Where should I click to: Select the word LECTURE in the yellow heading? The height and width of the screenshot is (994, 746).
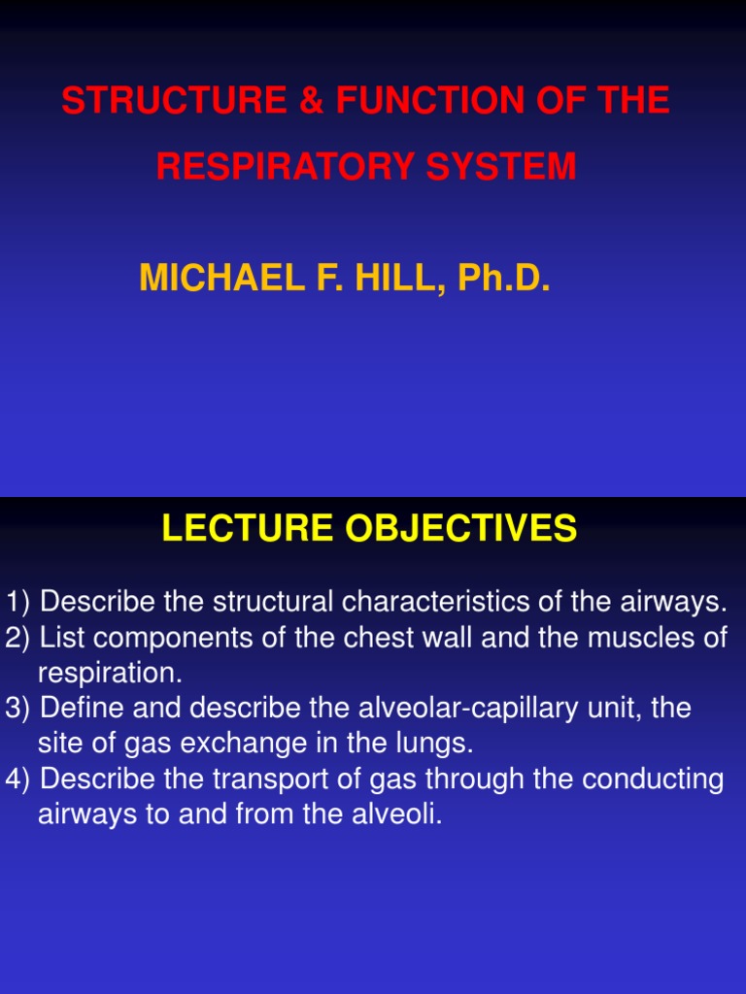click(234, 529)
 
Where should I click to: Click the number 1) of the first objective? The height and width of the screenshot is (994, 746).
click(19, 602)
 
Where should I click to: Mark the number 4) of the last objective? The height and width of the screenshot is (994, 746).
click(19, 779)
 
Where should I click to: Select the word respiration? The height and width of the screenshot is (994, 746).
click(110, 673)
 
